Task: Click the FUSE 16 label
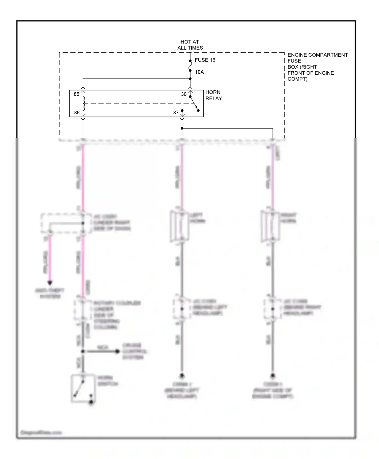tap(205, 60)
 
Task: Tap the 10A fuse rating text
tap(199, 72)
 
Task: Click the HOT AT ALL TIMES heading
tap(190, 45)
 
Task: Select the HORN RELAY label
tap(214, 95)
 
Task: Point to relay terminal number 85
tap(77, 94)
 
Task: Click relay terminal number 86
tap(77, 113)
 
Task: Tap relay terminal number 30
tap(184, 94)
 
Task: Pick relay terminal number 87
tap(176, 113)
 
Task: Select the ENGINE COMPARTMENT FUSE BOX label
tap(317, 67)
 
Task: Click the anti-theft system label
tap(50, 293)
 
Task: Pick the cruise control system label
tap(134, 351)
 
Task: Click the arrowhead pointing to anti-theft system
tap(50, 283)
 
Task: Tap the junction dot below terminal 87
tap(182, 128)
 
